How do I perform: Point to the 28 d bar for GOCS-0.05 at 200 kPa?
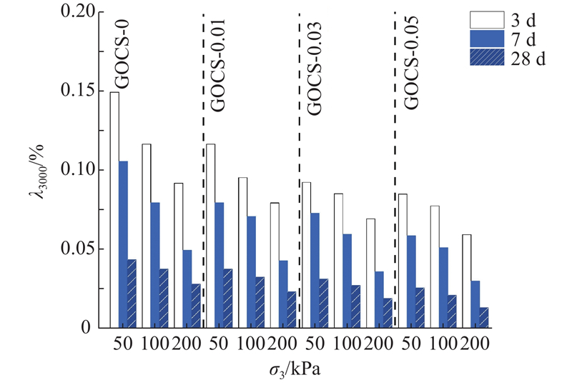[484, 318]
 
